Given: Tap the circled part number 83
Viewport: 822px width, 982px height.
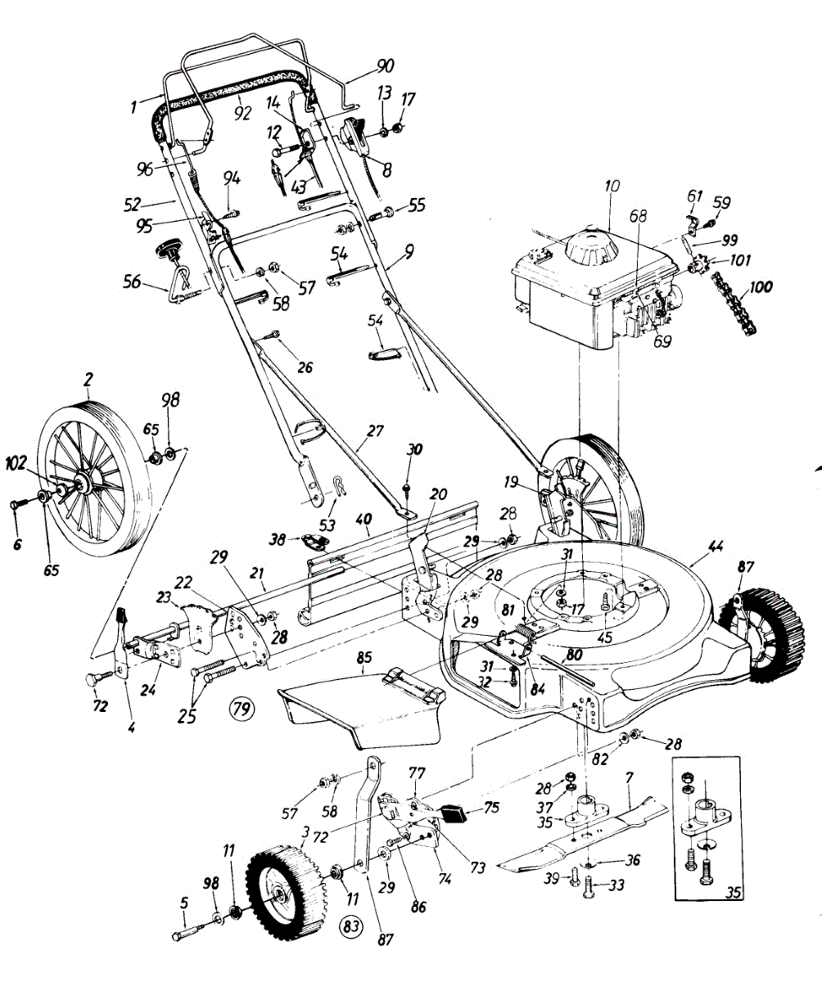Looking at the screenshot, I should point(350,927).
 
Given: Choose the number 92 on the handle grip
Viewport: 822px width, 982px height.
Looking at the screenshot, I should point(242,114).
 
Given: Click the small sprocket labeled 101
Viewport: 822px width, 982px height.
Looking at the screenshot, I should point(701,267).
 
